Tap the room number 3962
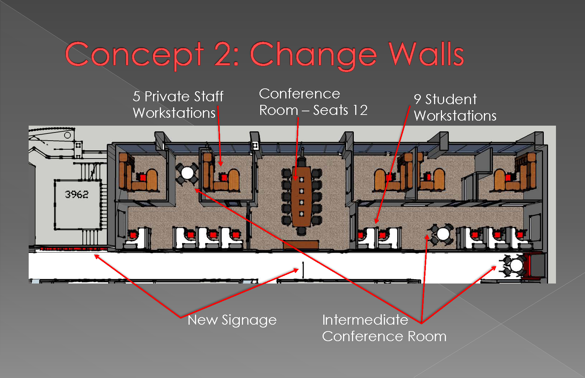pos(76,194)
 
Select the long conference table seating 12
pos(301,197)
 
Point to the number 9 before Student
pos(418,99)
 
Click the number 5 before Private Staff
pos(136,96)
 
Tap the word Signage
pos(249,320)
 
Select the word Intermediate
pos(365,320)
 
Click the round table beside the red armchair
pos(516,265)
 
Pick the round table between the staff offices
pos(187,173)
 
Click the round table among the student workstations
pos(443,234)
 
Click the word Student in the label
pos(451,99)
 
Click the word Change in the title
pos(313,55)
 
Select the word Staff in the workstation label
pos(209,96)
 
